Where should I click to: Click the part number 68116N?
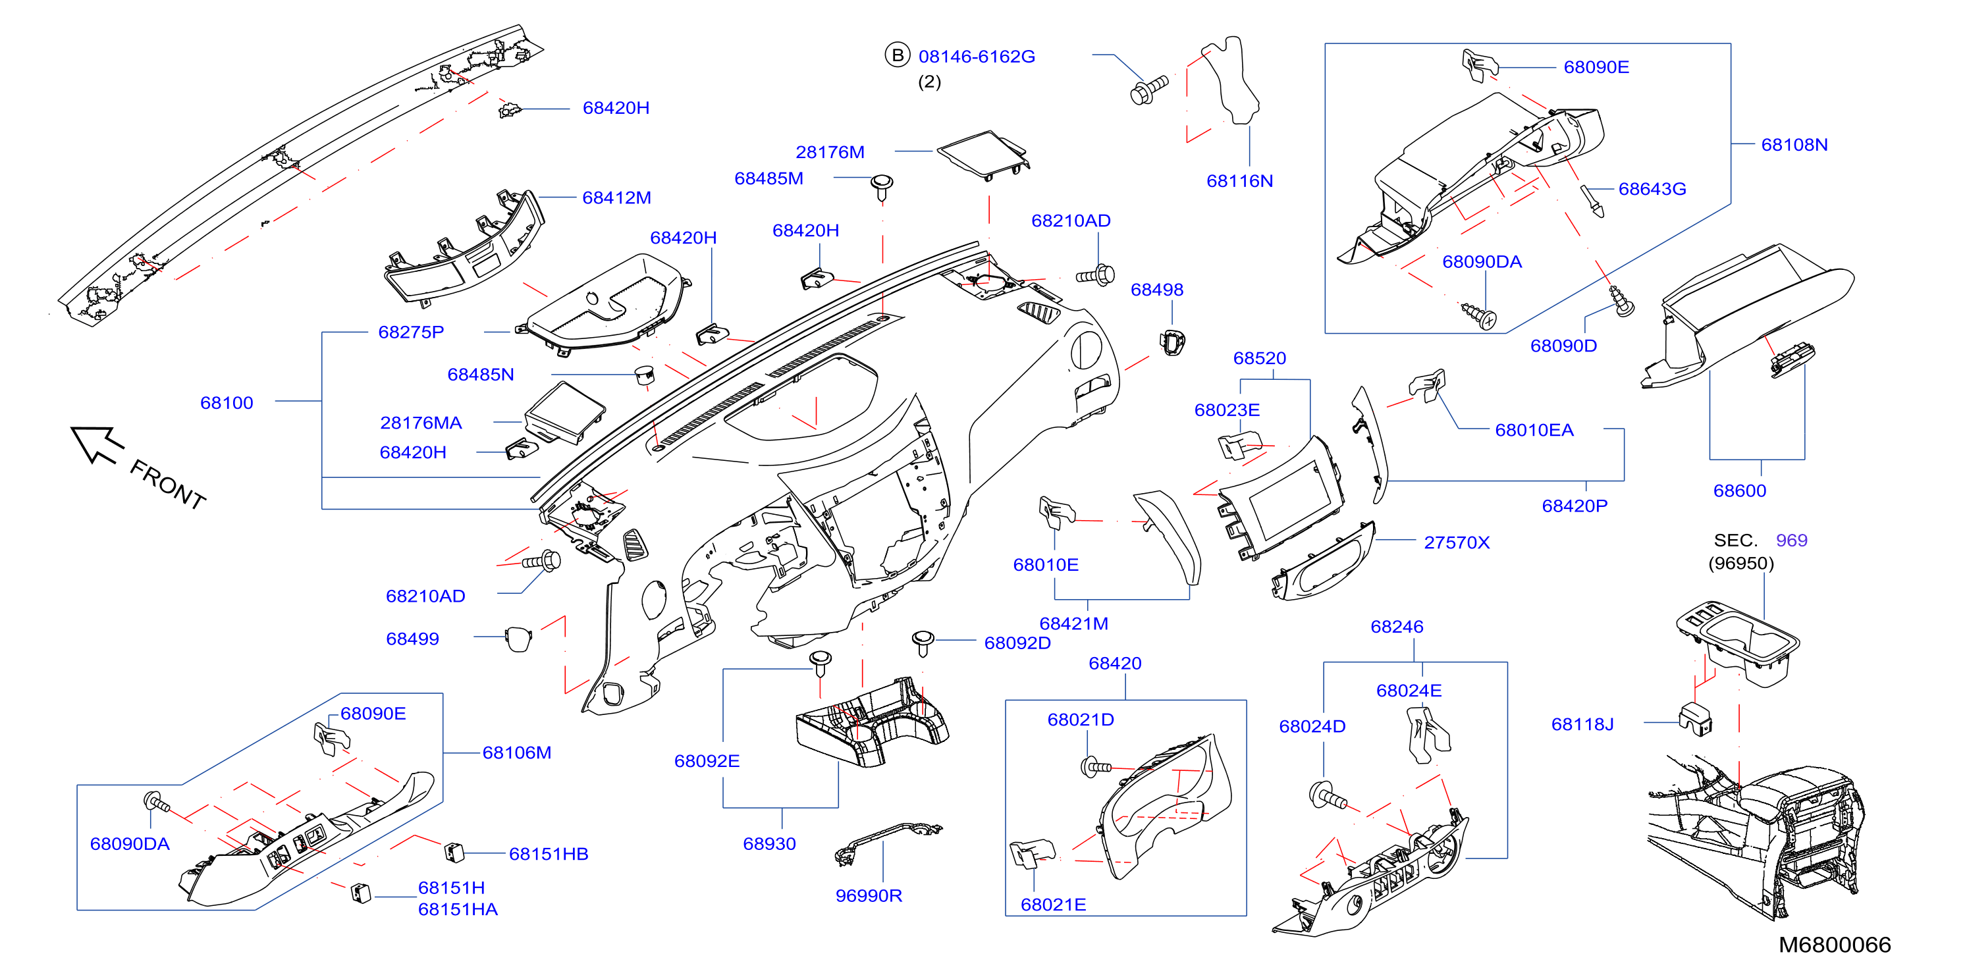point(1239,181)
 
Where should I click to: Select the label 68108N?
point(1794,144)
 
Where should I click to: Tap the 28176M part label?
point(830,152)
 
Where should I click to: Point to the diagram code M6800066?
point(1834,945)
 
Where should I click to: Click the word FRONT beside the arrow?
point(168,484)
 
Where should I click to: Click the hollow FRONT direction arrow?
point(96,444)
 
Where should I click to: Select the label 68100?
point(227,402)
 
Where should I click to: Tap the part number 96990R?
point(869,895)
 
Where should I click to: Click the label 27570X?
point(1456,542)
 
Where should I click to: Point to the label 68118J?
point(1582,724)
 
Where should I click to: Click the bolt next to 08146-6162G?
point(1148,90)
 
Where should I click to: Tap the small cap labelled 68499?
point(518,638)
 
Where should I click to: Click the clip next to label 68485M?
point(882,188)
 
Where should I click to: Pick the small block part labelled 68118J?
point(1695,718)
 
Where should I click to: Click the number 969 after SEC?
point(1791,540)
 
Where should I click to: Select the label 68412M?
point(616,198)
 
